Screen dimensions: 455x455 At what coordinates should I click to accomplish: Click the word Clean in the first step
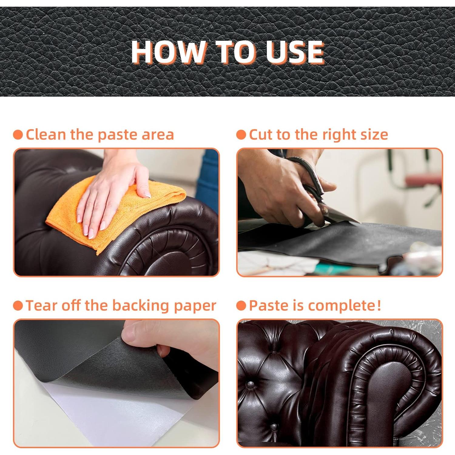click(x=46, y=134)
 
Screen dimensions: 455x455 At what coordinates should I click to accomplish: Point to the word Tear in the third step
click(x=42, y=305)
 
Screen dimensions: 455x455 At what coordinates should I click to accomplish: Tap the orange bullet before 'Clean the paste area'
click(x=18, y=135)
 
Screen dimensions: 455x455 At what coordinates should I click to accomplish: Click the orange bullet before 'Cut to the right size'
click(x=241, y=135)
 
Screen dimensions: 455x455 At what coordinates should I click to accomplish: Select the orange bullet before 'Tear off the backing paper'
click(x=18, y=306)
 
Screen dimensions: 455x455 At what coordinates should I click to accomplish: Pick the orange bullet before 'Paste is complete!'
click(x=241, y=306)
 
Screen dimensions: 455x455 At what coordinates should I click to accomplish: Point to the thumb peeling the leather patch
click(x=143, y=334)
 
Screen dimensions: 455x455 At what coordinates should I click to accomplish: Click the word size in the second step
click(x=375, y=134)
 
